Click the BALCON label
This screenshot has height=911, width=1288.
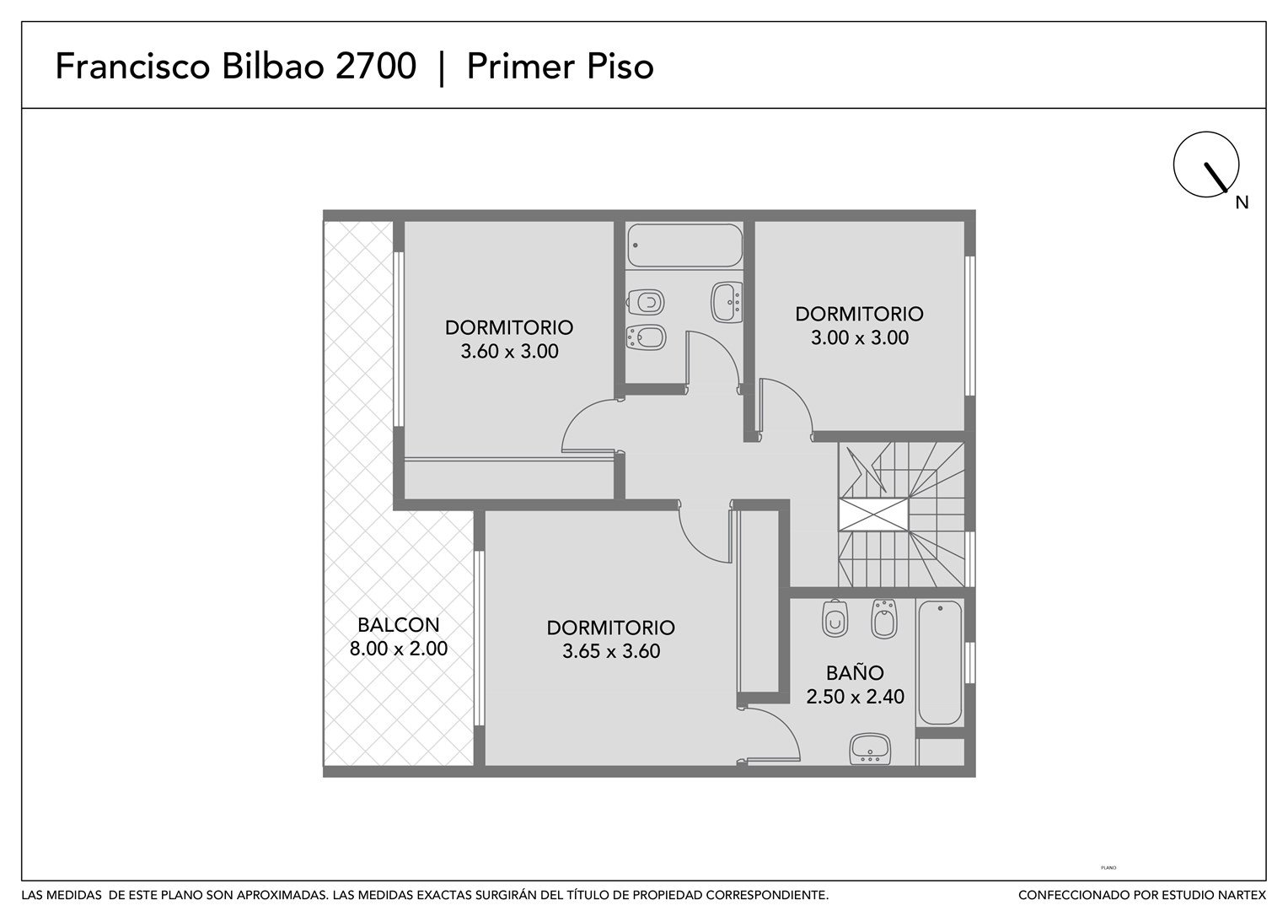[398, 624]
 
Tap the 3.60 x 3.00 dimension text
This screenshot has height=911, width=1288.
[509, 351]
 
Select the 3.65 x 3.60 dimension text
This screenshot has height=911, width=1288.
[611, 651]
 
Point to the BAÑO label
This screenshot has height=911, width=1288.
[855, 672]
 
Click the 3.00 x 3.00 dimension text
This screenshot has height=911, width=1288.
[860, 337]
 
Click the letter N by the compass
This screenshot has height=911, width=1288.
[1242, 202]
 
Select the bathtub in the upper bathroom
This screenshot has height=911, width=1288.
[684, 245]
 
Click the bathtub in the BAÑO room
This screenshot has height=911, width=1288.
[940, 662]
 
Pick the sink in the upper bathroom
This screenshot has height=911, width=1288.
[727, 302]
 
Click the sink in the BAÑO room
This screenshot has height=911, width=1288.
[870, 749]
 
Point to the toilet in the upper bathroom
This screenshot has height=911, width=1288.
[646, 302]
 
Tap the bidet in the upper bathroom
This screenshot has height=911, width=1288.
[647, 337]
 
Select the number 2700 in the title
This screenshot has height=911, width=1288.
[375, 66]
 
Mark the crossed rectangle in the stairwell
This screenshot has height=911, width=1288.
[873, 515]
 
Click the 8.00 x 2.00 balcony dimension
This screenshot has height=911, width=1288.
[399, 649]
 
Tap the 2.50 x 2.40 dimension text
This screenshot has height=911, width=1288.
[855, 697]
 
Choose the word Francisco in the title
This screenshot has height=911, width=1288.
[133, 66]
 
